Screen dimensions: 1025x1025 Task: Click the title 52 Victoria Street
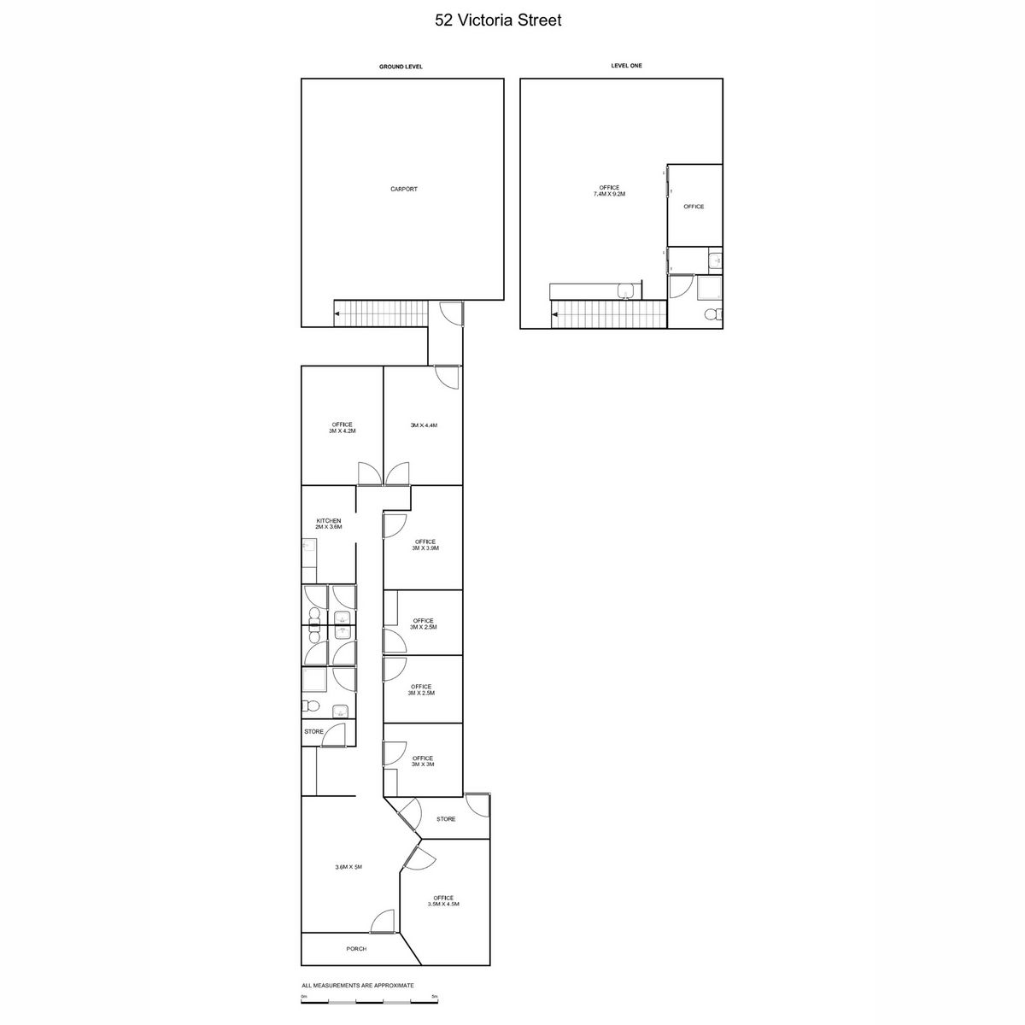coord(498,20)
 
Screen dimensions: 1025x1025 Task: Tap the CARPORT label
coord(404,189)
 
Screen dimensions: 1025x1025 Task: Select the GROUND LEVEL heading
coord(401,67)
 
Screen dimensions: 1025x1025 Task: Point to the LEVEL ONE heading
coord(626,66)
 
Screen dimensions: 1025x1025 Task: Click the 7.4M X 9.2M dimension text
coord(609,194)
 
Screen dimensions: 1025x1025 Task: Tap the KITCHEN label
coord(329,521)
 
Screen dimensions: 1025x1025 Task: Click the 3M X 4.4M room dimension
coord(424,425)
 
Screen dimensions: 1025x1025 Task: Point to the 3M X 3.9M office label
coord(425,548)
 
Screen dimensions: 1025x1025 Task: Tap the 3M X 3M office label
coord(422,764)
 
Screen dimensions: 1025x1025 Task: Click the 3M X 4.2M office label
coord(342,430)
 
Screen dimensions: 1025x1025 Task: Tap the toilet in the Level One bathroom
coord(712,315)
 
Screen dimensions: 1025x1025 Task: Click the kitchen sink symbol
coord(309,547)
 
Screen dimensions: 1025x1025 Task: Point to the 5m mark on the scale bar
coord(435,996)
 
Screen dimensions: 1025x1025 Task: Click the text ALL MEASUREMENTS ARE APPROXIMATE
coord(357,986)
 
